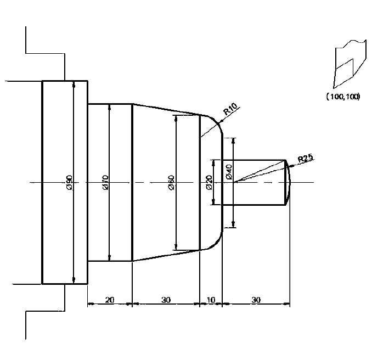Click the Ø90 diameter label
pos(69,182)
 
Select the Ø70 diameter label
pos(105,182)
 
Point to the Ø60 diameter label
pos(171,182)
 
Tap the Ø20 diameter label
pos(209,183)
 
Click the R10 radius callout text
pos(229,111)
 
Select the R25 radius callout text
pos(305,159)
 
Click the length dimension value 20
pos(110,300)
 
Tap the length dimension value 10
pos(211,300)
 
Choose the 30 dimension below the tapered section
pos(166,300)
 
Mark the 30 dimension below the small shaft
pos(256,300)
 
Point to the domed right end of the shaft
pos(289,182)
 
